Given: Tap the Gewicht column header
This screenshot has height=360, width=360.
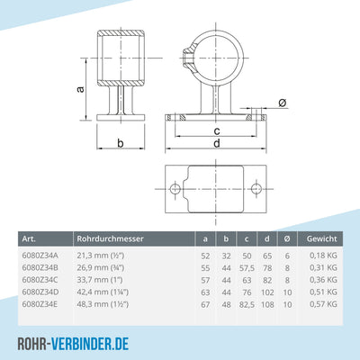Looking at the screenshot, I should point(321,238).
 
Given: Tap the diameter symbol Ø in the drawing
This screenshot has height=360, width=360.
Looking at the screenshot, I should point(282,103).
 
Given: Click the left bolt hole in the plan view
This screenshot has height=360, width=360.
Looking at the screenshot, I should point(175,187).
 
